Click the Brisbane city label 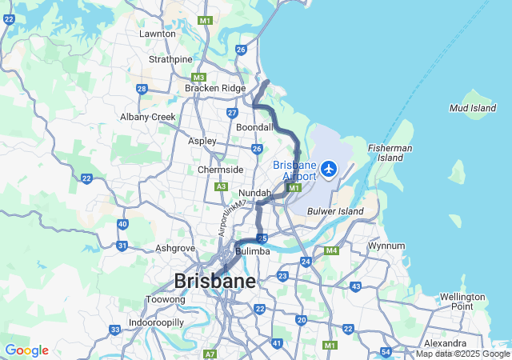pos(215,282)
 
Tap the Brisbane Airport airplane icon pos(329,169)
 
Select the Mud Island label pos(473,107)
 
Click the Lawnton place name pos(157,34)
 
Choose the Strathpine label pos(170,59)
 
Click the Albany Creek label pos(147,117)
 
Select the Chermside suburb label pos(221,170)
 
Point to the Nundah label pos(254,193)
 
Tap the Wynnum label pos(387,246)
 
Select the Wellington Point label pos(462,302)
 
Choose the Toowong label pos(166,300)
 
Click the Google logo pos(26,350)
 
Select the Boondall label pos(254,127)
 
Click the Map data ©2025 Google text pos(461,354)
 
